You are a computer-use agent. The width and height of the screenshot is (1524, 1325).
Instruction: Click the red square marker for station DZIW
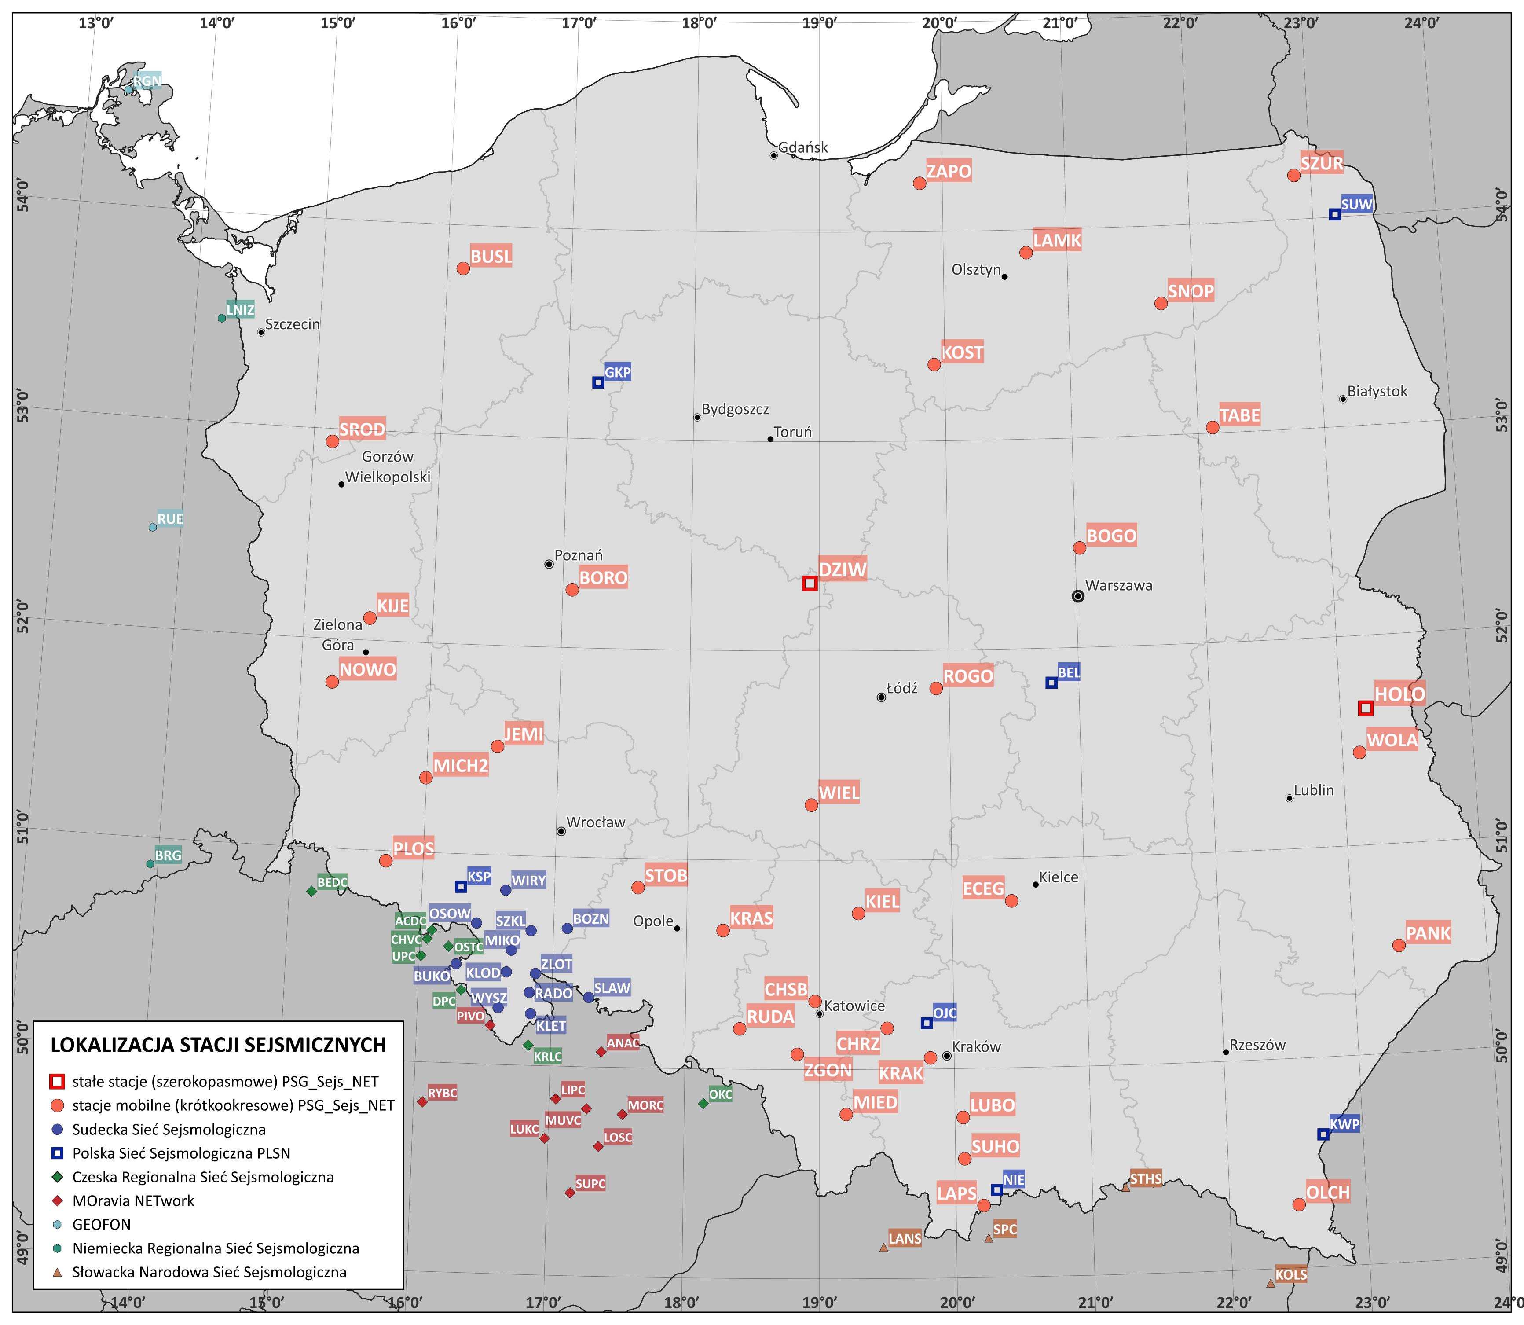click(810, 584)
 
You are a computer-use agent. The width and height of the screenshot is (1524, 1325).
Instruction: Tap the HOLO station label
click(1399, 694)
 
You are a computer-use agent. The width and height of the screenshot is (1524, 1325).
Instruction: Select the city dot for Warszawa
click(1077, 596)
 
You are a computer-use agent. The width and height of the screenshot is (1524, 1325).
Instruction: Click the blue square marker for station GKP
click(598, 382)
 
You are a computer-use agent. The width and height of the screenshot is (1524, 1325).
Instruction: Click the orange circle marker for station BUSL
click(463, 268)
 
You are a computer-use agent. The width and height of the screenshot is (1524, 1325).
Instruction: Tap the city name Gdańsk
click(802, 147)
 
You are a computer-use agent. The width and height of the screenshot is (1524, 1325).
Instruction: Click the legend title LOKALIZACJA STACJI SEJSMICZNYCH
click(218, 1045)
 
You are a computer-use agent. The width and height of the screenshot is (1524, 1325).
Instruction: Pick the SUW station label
click(1356, 204)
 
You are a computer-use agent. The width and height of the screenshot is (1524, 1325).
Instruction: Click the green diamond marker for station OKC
click(703, 1103)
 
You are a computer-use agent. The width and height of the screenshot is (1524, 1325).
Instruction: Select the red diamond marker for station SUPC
click(570, 1192)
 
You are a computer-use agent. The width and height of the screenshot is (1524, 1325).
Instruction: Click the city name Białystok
click(1377, 391)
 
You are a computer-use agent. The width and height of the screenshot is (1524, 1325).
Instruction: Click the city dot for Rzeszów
click(1226, 1051)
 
